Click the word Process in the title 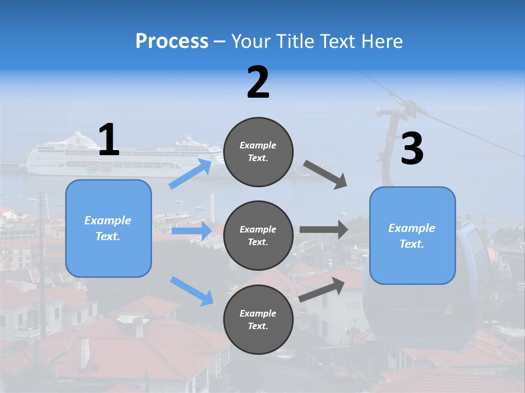point(172,41)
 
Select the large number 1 point(109,140)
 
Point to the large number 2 point(258,82)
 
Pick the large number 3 point(412,149)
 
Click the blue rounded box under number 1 point(108,228)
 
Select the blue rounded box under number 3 point(412,236)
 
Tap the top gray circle point(258,152)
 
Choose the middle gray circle point(258,236)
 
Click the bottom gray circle point(258,320)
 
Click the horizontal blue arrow point(191,231)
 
